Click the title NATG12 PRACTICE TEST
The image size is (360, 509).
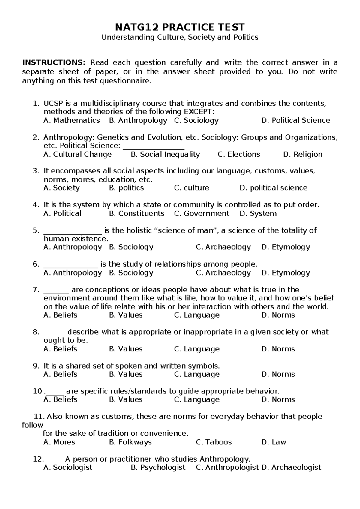[180, 27]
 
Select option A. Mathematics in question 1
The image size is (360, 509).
[72, 120]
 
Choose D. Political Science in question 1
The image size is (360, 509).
[295, 120]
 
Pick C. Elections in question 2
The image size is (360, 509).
[239, 154]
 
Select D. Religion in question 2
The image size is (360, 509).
[303, 154]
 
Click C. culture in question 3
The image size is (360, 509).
[191, 188]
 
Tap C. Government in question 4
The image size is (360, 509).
[202, 213]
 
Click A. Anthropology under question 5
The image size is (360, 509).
[73, 247]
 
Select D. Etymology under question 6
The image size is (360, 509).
[286, 273]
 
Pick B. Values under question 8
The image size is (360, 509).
[126, 349]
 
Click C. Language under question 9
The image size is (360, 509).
[197, 374]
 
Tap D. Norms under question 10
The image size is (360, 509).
[278, 399]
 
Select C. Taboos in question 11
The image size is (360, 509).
[214, 442]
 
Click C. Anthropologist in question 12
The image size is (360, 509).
[227, 467]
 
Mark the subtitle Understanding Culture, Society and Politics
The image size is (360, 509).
[180, 37]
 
